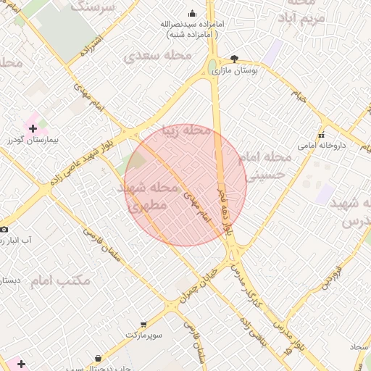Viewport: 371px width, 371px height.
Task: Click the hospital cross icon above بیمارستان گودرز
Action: coord(33,128)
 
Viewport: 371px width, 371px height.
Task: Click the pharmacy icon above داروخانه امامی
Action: coord(321,134)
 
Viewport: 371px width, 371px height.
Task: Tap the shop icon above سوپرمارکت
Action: coord(143,325)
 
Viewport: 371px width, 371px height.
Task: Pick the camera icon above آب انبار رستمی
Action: coord(4,228)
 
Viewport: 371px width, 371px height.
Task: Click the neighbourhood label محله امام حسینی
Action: coord(266,165)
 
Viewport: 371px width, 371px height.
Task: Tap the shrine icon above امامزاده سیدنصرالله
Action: coord(192,13)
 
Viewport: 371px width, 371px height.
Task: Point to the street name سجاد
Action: coord(359,347)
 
